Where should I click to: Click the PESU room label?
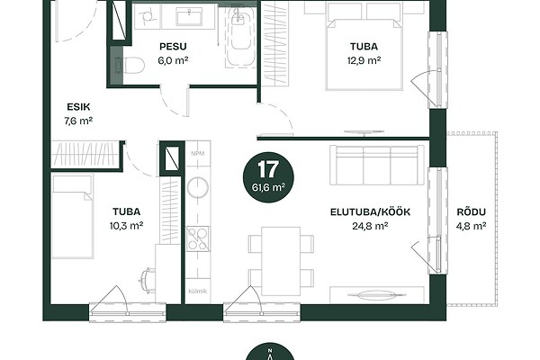tap(173, 47)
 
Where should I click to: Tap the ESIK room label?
tap(78, 107)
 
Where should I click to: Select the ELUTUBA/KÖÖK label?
tap(370, 211)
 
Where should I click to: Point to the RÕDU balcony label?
tap(471, 211)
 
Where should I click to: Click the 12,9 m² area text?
tap(364, 60)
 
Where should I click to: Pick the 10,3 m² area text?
tap(126, 226)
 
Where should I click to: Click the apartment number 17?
tap(268, 169)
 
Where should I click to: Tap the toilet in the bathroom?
tap(130, 66)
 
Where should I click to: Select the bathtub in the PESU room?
tap(240, 36)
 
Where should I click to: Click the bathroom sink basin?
tap(189, 16)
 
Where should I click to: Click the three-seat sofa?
tap(377, 166)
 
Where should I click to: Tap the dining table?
tap(281, 261)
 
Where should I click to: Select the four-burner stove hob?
tap(198, 238)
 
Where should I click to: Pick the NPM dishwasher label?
tap(198, 153)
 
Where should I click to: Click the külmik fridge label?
tap(198, 291)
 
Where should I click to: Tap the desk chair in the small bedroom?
tap(148, 281)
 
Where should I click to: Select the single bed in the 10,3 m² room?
tap(72, 216)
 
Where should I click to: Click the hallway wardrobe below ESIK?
tap(85, 154)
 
